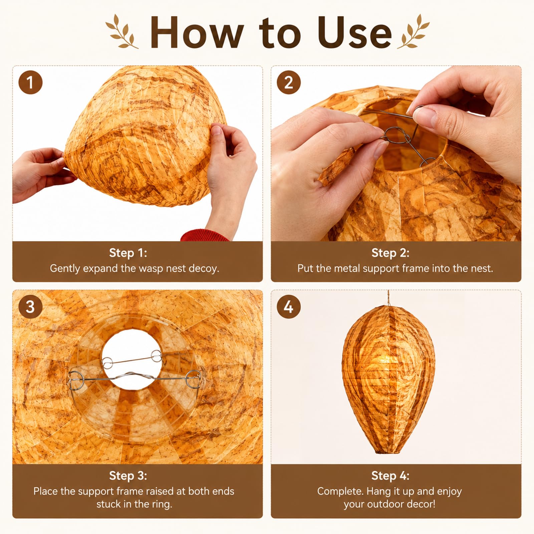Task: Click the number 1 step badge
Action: (x=30, y=82)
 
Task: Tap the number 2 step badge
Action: (x=289, y=82)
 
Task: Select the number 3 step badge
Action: (x=30, y=307)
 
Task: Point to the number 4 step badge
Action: (x=289, y=307)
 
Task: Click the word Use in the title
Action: (x=354, y=33)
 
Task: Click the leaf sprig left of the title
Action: (x=121, y=31)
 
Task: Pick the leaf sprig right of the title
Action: (x=413, y=31)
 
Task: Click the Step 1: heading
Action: (x=128, y=253)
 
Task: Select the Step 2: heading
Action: (x=390, y=253)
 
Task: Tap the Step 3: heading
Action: (x=128, y=476)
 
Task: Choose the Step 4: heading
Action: (x=390, y=476)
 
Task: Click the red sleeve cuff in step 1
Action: (x=204, y=235)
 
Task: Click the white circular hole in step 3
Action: (x=132, y=359)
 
